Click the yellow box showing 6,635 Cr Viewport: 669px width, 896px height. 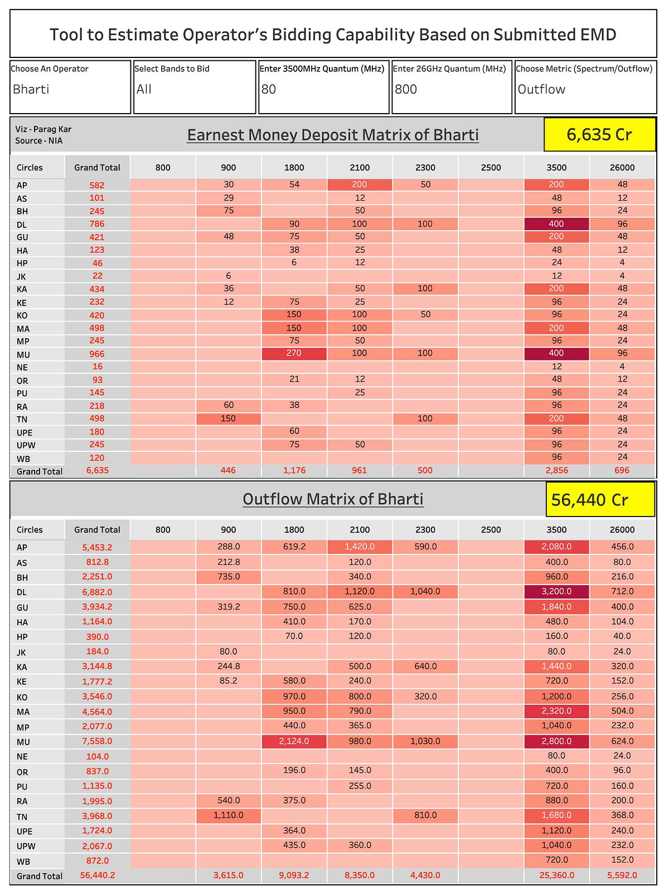599,134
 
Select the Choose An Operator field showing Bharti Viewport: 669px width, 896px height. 70,87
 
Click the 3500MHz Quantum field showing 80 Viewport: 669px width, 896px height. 323,87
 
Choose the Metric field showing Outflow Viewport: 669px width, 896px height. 585,87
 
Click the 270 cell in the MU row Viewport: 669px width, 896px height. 294,353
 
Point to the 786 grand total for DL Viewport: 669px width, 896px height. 97,224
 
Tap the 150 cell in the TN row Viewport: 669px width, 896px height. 229,418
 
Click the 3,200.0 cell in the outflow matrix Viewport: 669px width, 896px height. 556,591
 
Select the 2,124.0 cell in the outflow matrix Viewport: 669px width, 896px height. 294,741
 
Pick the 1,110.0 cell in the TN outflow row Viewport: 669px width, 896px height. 229,815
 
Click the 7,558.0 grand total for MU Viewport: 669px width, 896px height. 97,741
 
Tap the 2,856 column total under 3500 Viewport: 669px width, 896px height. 556,470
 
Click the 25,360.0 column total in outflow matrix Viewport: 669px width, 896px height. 556,875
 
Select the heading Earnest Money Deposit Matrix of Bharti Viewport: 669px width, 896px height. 333,135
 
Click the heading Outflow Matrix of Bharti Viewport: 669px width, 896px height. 333,499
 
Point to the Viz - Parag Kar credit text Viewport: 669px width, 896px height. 43,129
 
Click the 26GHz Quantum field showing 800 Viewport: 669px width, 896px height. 452,87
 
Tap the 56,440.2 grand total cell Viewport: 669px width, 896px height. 97,875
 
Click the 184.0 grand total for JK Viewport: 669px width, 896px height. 97,651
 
